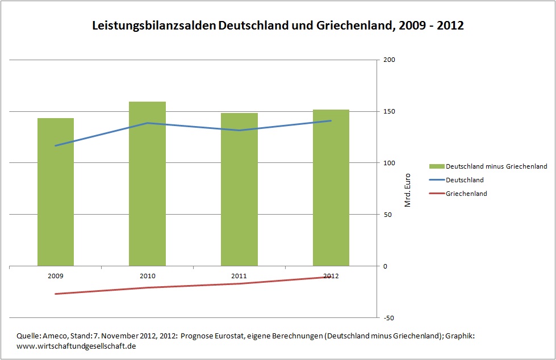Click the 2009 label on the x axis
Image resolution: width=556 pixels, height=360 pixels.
click(x=56, y=276)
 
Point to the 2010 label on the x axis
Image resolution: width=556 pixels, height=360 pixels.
click(x=147, y=276)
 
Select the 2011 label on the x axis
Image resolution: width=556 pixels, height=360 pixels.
click(x=239, y=276)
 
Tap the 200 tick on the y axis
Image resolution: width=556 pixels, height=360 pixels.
click(x=390, y=60)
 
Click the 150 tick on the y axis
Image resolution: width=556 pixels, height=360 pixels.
click(x=390, y=112)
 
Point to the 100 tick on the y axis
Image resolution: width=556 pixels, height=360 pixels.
click(x=390, y=164)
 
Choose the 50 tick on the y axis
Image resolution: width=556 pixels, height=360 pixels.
click(x=388, y=215)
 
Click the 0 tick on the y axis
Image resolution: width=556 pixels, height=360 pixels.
click(x=386, y=266)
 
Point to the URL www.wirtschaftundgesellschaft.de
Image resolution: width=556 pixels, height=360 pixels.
click(x=77, y=346)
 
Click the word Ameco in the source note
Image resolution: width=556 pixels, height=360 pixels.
click(x=51, y=336)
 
